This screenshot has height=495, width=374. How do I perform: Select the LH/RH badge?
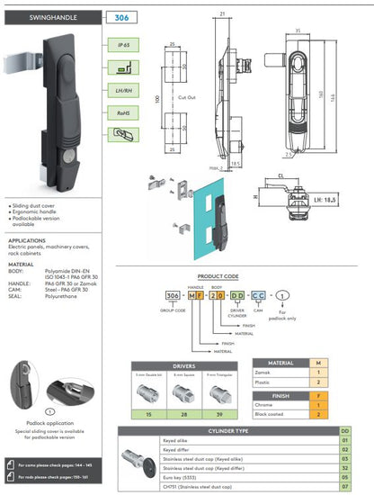pos(120,90)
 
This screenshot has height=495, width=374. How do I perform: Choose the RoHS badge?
pos(120,112)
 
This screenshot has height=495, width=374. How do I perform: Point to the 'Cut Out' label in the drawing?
pos(186,96)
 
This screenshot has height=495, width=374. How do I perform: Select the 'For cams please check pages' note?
pos(53,465)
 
